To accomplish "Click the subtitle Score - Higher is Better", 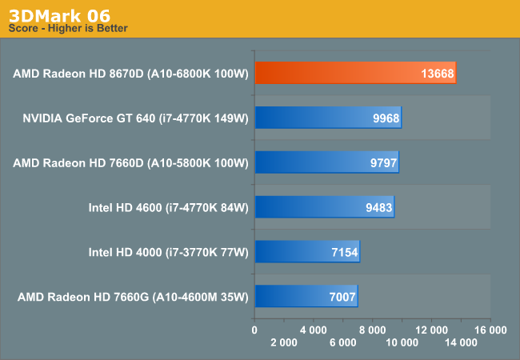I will pos(68,29).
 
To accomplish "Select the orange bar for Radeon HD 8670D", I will pos(355,74).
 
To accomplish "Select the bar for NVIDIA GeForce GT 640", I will pos(328,118).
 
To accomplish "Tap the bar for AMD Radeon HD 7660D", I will pos(326,162).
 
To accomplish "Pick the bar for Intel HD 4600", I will pos(324,207).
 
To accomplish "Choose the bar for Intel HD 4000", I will pos(307,252).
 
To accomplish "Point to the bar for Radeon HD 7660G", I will pos(306,296).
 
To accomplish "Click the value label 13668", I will pos(437,74).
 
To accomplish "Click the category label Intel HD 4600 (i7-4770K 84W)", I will pos(169,207).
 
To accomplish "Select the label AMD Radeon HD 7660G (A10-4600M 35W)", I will pos(133,296).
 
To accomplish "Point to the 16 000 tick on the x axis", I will pos(490,330).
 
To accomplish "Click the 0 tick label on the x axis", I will pos(254,330).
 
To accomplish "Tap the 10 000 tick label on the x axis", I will pos(402,342).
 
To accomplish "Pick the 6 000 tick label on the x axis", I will pos(342,342).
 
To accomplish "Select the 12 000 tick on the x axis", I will pos(431,330).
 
